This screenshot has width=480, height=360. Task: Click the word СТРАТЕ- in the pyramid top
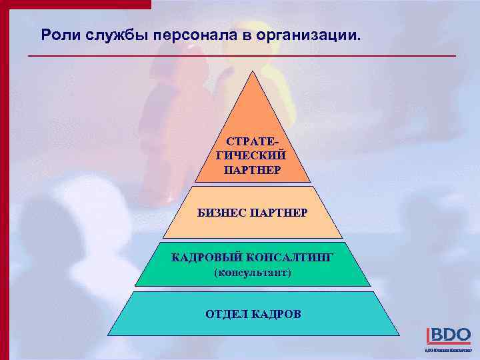point(252,142)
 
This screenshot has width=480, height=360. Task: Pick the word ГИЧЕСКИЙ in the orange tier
point(252,155)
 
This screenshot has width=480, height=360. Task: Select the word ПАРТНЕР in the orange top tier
point(252,169)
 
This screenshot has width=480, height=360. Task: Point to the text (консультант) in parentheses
point(252,273)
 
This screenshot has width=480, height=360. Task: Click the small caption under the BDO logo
point(447,350)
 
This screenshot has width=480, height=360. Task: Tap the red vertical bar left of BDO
point(427,335)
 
